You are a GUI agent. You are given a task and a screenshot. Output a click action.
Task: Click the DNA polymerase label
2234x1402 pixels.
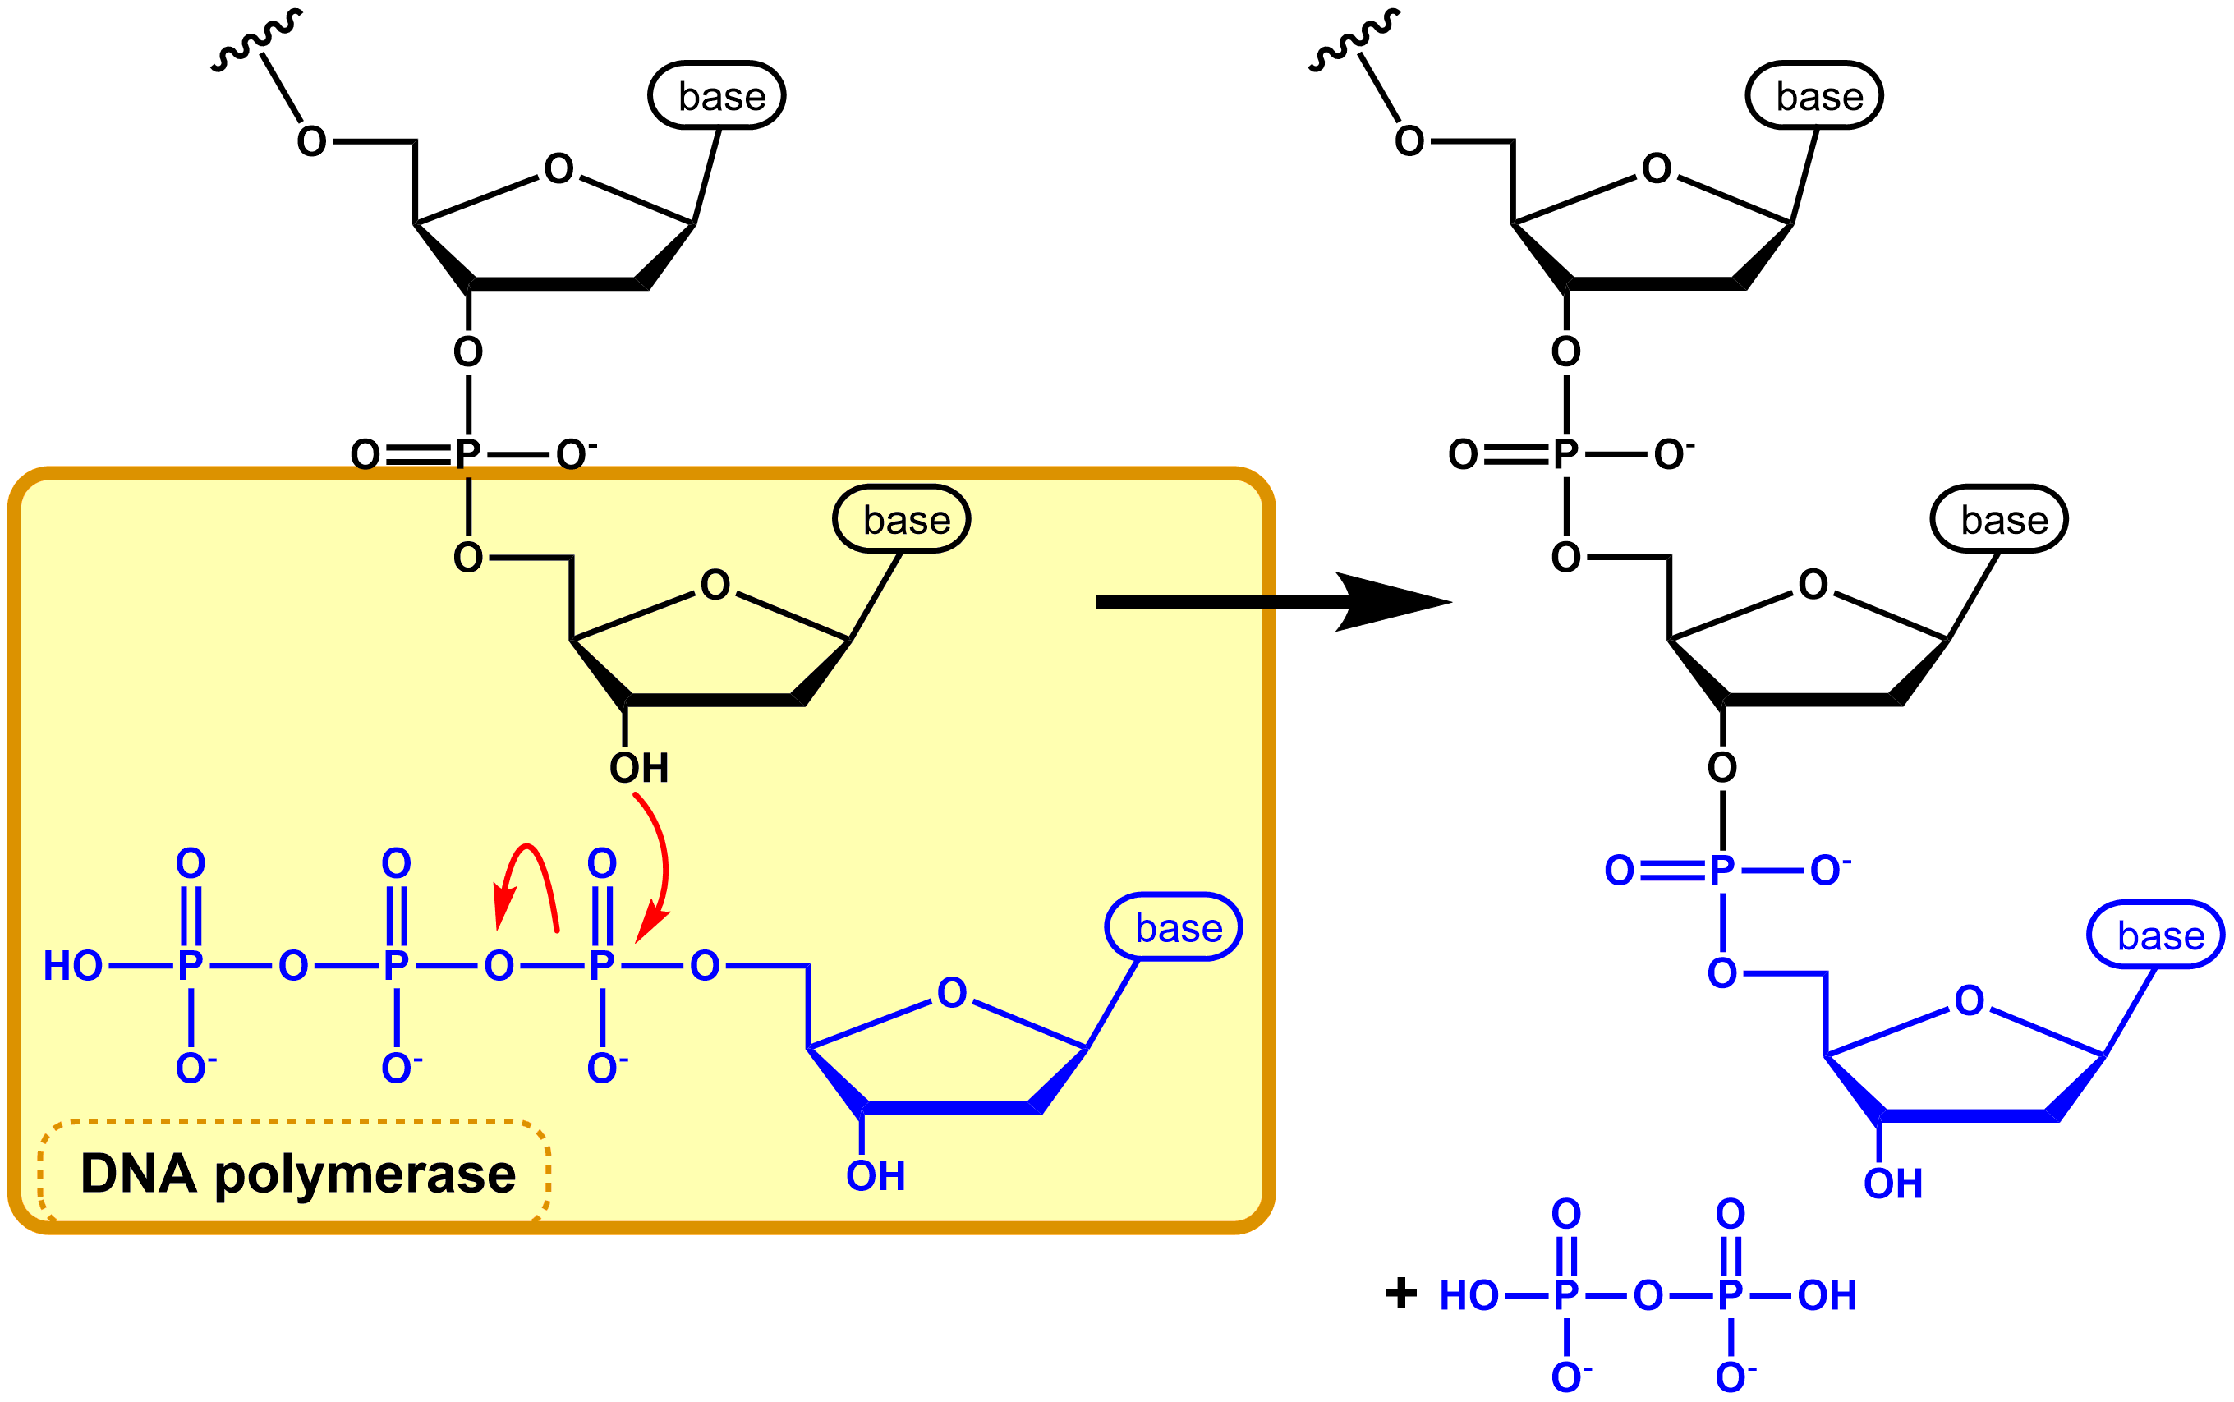[296, 1174]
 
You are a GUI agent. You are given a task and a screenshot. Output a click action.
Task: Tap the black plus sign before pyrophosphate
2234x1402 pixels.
[1400, 1293]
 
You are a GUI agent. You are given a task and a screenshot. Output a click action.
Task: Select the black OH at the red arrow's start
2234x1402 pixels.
[639, 768]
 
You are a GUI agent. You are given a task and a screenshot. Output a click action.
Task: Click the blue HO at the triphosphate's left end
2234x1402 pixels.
[72, 966]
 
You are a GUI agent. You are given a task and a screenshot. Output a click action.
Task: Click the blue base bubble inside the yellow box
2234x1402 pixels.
[1174, 927]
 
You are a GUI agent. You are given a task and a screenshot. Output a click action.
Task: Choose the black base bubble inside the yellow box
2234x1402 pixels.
[901, 519]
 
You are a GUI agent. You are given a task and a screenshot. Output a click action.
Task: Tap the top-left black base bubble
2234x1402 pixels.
[716, 95]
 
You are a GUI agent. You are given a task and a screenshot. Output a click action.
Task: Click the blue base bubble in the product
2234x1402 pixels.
[2154, 935]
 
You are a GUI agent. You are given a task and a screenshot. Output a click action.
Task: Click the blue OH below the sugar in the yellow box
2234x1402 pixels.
[875, 1176]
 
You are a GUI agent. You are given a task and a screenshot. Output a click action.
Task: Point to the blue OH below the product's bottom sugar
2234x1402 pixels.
[1893, 1184]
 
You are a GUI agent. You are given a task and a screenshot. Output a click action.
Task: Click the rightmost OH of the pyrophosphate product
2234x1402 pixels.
[1826, 1295]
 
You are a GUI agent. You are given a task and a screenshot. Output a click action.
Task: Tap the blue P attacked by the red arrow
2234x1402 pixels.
[601, 966]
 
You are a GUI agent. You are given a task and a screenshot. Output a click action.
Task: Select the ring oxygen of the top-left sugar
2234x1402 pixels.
[558, 168]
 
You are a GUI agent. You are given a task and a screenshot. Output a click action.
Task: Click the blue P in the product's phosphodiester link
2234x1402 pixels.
[1721, 871]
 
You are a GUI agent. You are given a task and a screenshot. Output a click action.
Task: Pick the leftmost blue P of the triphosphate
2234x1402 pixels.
[190, 966]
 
